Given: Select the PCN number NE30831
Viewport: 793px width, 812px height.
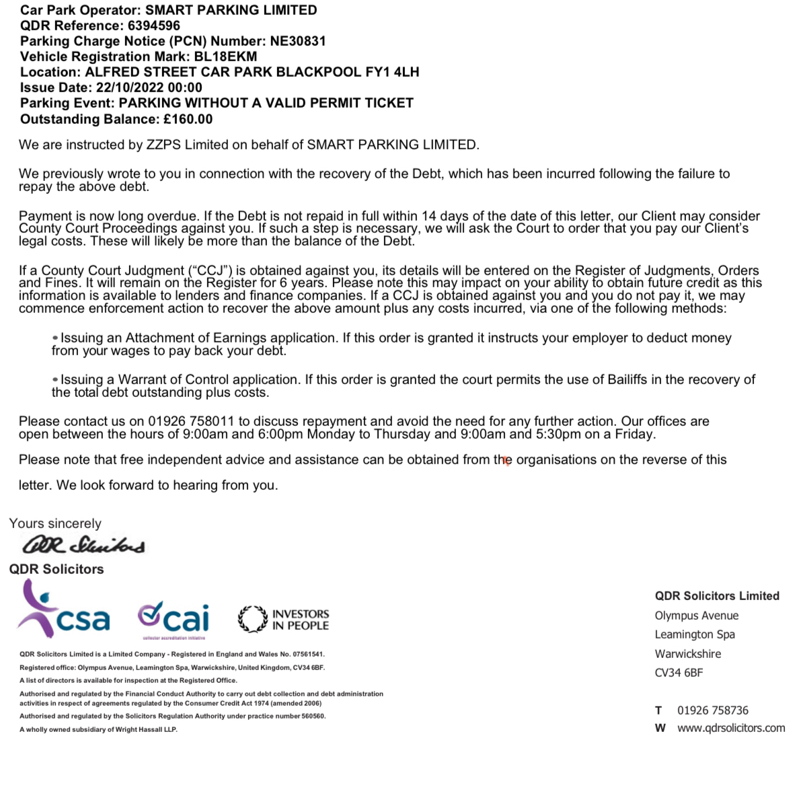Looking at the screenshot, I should (x=298, y=41).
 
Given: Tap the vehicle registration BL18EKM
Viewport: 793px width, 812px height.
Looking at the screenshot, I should (x=225, y=57).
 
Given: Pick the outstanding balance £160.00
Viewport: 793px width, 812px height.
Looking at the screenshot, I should (x=188, y=119).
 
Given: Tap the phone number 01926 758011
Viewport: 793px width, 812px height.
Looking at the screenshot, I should (x=191, y=421).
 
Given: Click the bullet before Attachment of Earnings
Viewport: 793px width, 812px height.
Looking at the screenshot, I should (x=55, y=338).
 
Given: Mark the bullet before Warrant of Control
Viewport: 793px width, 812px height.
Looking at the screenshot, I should (x=55, y=379).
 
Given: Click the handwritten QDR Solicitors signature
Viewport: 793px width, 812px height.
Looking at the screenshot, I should (x=83, y=544).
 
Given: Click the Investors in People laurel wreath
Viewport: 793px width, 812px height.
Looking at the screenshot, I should (x=252, y=619).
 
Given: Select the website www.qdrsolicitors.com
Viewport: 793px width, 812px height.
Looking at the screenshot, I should (x=730, y=728).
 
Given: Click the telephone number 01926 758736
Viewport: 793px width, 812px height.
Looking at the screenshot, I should (x=712, y=710).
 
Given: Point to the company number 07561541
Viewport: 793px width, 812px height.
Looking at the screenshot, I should (x=308, y=654).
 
